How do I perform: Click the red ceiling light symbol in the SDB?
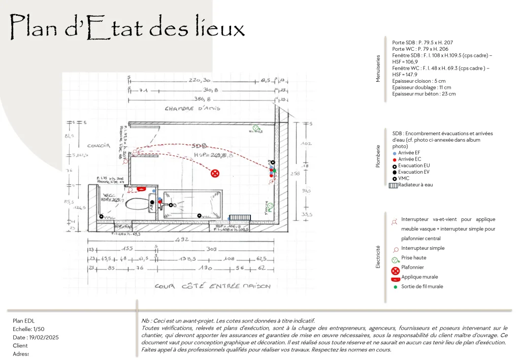tap(215, 174)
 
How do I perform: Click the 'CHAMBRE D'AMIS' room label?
tap(192, 109)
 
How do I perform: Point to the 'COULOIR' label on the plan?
tap(99, 145)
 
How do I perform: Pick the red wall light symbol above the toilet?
tap(141, 189)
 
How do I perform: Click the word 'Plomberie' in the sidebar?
tap(378, 157)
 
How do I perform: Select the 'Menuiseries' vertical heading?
tap(378, 69)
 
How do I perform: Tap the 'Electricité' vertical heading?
tap(378, 257)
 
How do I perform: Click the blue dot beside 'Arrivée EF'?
tap(395, 153)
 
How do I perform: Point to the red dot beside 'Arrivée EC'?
tap(395, 159)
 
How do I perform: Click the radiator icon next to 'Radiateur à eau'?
tap(392, 185)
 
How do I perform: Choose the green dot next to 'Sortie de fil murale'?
tap(395, 287)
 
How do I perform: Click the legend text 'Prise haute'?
tap(413, 258)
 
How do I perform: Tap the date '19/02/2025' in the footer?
tap(44, 338)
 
